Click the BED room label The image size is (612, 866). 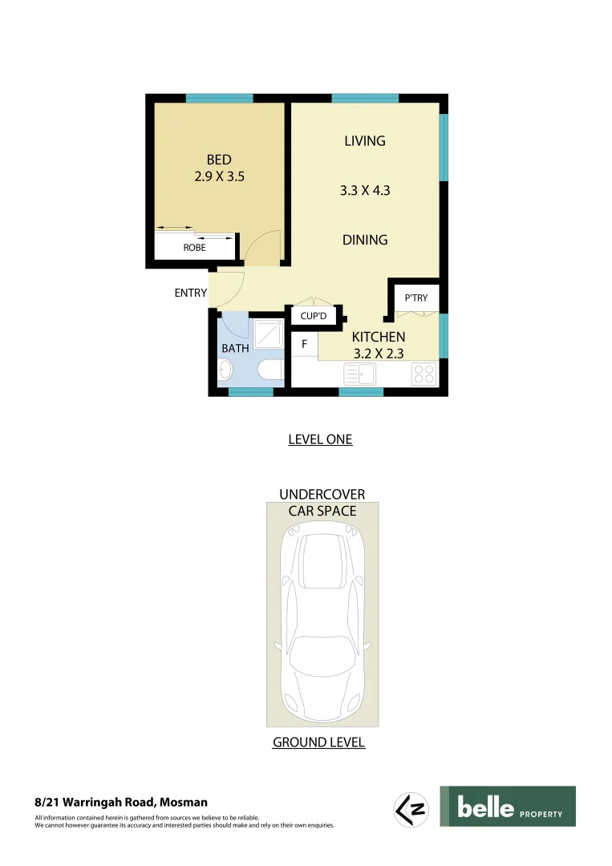218,160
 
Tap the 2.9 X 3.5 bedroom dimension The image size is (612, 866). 218,176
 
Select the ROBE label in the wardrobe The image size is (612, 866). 194,248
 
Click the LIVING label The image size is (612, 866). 364,141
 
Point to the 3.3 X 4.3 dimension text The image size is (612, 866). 364,191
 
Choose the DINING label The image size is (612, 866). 365,240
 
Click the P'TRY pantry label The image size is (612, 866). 415,298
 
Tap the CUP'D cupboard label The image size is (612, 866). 313,317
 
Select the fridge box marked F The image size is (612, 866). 304,345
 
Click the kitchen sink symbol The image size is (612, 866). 359,374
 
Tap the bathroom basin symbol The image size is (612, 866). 225,370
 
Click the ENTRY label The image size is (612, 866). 191,293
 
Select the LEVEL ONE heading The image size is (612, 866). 320,439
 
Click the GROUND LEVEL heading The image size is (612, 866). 318,743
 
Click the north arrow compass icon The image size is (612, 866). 411,808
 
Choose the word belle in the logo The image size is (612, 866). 485,807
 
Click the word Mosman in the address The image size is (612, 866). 184,802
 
